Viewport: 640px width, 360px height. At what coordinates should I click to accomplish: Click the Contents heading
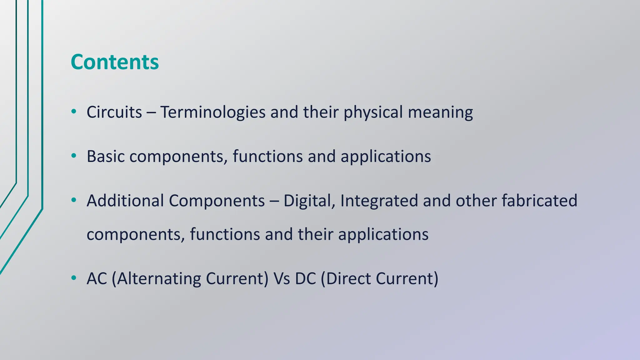click(115, 62)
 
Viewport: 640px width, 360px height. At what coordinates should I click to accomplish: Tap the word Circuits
click(114, 112)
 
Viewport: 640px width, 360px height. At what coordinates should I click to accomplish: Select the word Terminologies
click(213, 112)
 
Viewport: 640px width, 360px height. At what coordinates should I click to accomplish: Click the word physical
click(373, 112)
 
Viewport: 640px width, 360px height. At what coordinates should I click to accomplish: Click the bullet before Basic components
click(74, 156)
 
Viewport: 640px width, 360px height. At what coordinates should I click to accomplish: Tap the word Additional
click(125, 201)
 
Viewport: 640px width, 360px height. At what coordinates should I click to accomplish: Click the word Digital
click(309, 201)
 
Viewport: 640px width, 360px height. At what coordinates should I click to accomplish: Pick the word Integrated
click(379, 201)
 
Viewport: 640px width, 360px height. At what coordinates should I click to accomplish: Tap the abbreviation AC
click(97, 278)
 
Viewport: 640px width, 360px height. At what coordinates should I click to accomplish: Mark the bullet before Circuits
click(74, 111)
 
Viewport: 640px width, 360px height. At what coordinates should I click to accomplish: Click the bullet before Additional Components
click(74, 200)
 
